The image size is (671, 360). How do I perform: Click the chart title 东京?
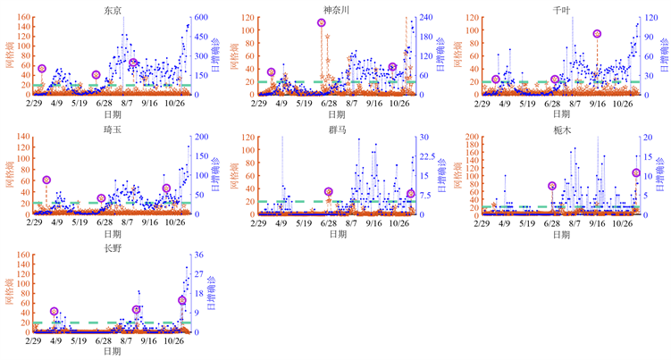pos(113,8)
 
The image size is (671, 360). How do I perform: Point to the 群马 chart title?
pos(337,128)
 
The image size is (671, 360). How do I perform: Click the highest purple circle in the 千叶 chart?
pos(597,34)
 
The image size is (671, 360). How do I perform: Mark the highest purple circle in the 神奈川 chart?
pos(321,23)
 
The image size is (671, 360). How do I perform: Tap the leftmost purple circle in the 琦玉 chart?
pos(46,180)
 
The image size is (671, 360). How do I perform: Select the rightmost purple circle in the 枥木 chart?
pos(636,172)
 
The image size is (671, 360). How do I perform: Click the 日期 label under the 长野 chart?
pos(113,352)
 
